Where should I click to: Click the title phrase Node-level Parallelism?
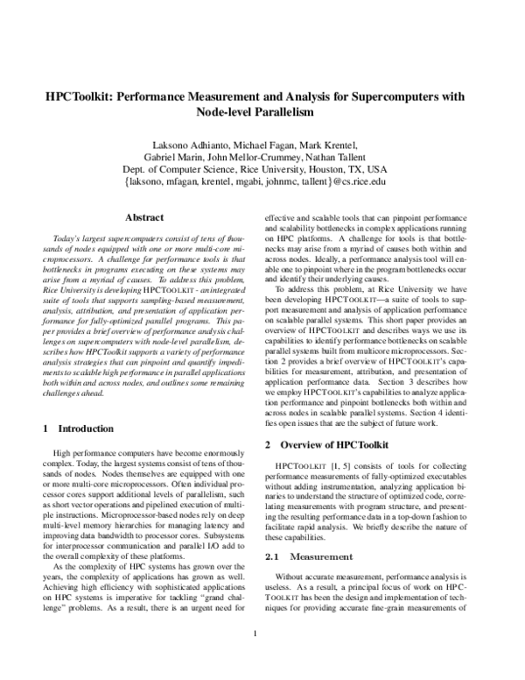coord(262,113)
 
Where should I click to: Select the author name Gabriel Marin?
coord(193,157)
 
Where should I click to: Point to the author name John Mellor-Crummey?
coord(272,157)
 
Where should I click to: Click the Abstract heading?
coord(145,216)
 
